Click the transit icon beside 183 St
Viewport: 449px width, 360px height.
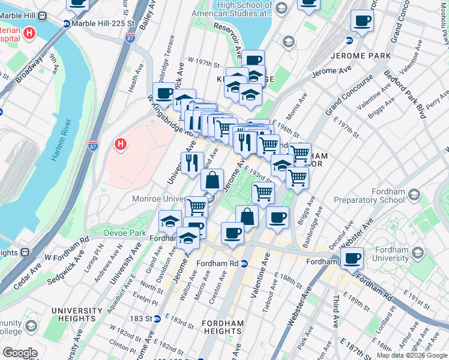157,319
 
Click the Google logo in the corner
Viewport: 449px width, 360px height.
20,353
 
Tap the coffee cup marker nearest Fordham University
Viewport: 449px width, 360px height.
353,259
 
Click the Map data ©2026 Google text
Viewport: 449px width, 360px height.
411,355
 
